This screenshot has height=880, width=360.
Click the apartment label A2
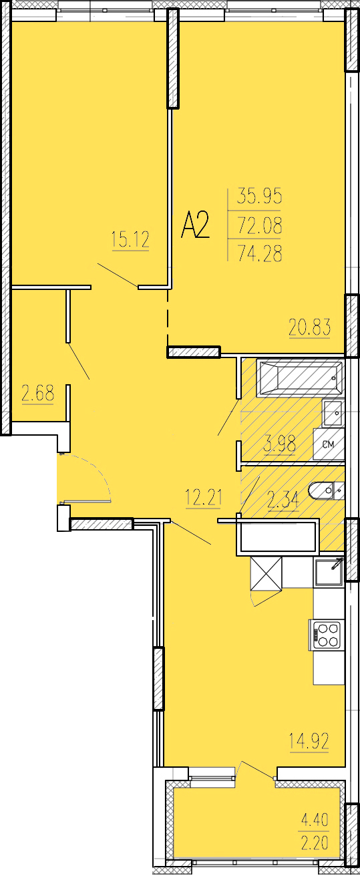click(196, 225)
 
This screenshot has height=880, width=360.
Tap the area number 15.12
click(130, 240)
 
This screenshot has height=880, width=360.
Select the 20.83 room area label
click(310, 328)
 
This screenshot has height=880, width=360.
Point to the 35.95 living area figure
click(260, 196)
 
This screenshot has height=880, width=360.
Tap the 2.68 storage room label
click(37, 394)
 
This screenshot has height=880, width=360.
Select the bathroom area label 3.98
click(280, 445)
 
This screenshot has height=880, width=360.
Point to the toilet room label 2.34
click(283, 500)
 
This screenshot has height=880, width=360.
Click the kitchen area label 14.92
click(309, 741)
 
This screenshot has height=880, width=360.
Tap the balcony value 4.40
click(315, 820)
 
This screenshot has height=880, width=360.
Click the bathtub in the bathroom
click(300, 377)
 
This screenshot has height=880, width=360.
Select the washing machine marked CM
click(329, 444)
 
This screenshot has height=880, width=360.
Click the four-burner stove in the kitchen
click(327, 635)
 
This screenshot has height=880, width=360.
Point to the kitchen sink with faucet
click(329, 573)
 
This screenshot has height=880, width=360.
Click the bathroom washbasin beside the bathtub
click(333, 412)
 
